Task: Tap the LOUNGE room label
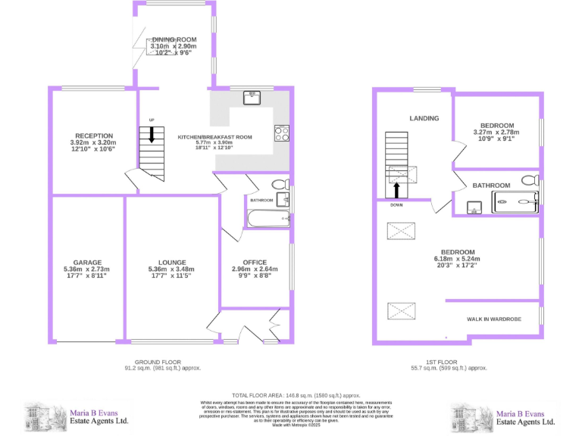(x=172, y=262)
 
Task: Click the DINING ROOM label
(x=174, y=39)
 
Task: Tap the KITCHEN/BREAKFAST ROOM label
(x=214, y=137)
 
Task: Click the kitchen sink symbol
(x=252, y=97)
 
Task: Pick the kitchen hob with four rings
(x=281, y=133)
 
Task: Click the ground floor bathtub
(x=268, y=219)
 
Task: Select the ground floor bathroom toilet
(x=279, y=184)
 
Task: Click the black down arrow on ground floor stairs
(x=152, y=135)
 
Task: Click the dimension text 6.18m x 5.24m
(x=458, y=259)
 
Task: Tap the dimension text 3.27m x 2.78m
(x=497, y=132)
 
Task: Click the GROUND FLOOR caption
(x=157, y=362)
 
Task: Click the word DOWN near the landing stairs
(x=396, y=205)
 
